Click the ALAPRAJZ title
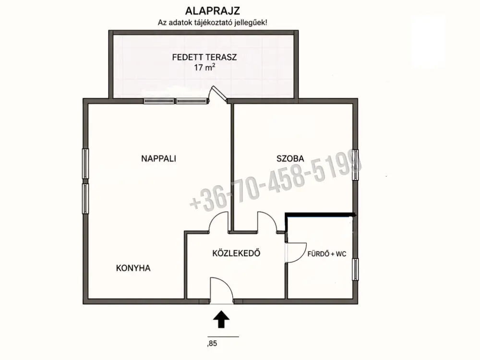point(213,11)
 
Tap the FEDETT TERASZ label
point(204,57)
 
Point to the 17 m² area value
point(204,67)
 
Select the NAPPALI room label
point(158,158)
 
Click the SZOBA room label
point(290,158)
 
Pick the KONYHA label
point(133,268)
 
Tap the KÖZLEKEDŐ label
point(236,253)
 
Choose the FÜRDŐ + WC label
point(327,254)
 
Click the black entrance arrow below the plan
point(221,319)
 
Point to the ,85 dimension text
point(212,344)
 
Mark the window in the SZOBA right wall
point(355,165)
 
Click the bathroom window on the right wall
point(355,269)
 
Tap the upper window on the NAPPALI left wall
point(85,164)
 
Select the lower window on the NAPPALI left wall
point(85,198)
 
